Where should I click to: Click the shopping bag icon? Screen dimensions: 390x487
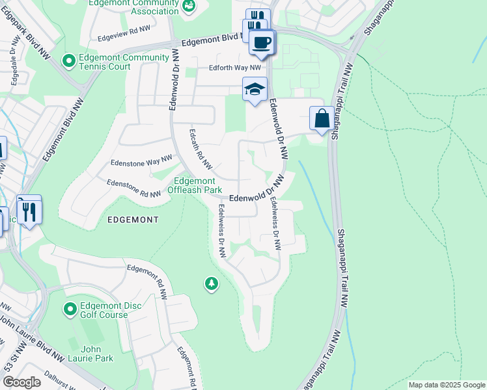tap(322, 119)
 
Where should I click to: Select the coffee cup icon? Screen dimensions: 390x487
tap(262, 42)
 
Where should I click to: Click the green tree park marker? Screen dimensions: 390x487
tap(211, 284)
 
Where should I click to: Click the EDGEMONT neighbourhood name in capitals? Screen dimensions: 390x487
tap(130, 220)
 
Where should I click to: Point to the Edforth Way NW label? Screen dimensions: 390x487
tap(235, 68)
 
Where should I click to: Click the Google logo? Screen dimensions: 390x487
tap(21, 382)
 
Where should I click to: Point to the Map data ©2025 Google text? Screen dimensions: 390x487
tap(447, 385)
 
